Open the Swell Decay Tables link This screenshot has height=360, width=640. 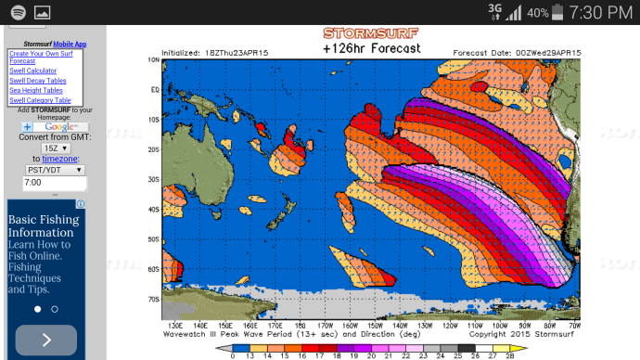(38, 81)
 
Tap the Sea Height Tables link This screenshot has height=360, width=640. (36, 90)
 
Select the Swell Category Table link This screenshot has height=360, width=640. (40, 100)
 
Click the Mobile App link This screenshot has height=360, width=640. (70, 44)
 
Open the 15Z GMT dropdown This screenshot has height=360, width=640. (54, 148)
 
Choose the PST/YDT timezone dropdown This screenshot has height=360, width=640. (54, 170)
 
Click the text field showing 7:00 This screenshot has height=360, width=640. (54, 184)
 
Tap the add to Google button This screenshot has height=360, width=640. (55, 126)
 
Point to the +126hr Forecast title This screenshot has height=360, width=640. (370, 48)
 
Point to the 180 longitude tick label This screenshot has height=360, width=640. (300, 327)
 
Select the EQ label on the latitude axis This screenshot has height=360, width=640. (155, 90)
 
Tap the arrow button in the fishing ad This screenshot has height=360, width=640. (46, 340)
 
